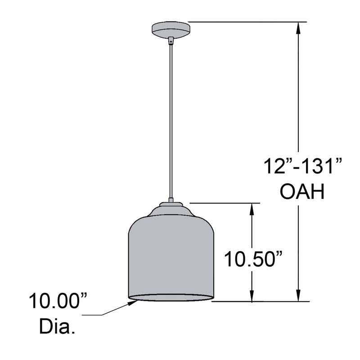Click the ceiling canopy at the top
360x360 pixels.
171,30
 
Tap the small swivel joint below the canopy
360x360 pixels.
171,41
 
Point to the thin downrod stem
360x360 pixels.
171,121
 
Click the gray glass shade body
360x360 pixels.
171,256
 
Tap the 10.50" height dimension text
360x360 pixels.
253,259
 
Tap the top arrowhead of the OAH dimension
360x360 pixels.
297,27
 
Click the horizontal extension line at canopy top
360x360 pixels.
247,22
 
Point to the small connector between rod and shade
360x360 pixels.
171,200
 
